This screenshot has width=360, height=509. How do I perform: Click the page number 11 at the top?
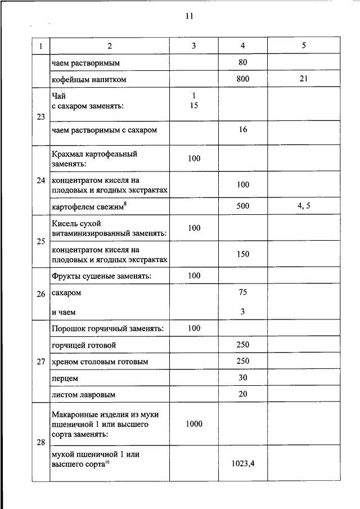pos(189,16)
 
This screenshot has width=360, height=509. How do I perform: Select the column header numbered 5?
pos(303,46)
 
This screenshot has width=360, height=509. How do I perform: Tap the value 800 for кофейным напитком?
pos(242,79)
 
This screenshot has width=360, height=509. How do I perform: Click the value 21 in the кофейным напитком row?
pos(303,79)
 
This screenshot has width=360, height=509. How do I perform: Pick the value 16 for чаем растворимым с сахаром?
pos(242,130)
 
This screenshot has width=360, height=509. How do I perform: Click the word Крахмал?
pos(67,153)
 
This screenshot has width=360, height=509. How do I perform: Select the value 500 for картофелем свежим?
pos(242,206)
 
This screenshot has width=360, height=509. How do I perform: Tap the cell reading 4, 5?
pos(304,206)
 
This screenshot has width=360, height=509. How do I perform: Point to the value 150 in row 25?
pos(242,254)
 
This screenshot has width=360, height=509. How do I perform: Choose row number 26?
pos(40,294)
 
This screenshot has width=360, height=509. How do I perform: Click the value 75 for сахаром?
pos(242,292)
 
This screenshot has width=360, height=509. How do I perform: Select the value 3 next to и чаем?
pos(242,311)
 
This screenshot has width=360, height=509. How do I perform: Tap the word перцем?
pos(65,378)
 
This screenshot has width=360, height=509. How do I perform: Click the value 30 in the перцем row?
pos(242,377)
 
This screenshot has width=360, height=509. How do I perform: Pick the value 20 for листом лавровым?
pos(242,394)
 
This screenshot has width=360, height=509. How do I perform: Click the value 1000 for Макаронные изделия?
pos(194,424)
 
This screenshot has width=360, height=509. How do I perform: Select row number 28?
pos(40,443)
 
